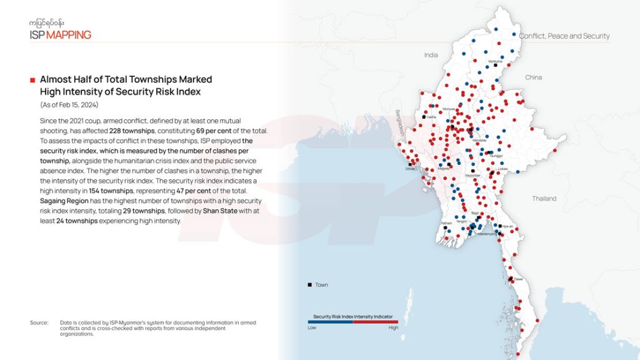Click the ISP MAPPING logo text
pos(60,34)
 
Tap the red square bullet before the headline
pos(32,80)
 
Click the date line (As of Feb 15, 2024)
pos(69,104)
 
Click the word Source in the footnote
pos(39,322)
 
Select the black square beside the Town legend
pos(309,285)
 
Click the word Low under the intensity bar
pos(312,327)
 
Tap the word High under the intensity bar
pos(393,327)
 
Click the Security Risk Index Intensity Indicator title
pos(353,317)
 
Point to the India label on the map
pos(431,55)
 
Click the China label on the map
pos(533,77)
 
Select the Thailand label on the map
pos(544,199)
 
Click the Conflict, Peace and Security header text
pos(564,36)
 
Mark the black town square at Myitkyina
pos(496,65)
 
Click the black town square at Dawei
pos(511,279)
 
